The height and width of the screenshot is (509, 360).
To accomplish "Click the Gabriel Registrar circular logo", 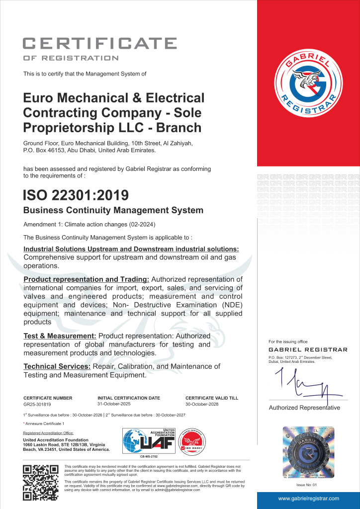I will (x=308, y=87).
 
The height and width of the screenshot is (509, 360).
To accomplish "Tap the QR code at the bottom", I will (x=41, y=482).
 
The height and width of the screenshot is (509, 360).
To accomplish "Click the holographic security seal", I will (x=308, y=452).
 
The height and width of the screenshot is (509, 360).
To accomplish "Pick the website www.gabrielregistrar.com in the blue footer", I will (x=308, y=498).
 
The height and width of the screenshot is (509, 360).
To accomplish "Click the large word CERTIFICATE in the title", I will (x=99, y=44).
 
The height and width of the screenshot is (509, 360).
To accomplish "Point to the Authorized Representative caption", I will (x=304, y=408).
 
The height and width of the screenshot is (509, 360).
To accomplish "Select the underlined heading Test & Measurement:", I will (x=60, y=336).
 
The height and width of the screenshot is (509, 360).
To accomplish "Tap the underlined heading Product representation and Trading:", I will (x=87, y=279).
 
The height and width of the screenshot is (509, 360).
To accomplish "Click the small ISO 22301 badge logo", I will (x=192, y=439).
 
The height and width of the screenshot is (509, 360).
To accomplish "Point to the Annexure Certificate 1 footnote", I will (x=45, y=423).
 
